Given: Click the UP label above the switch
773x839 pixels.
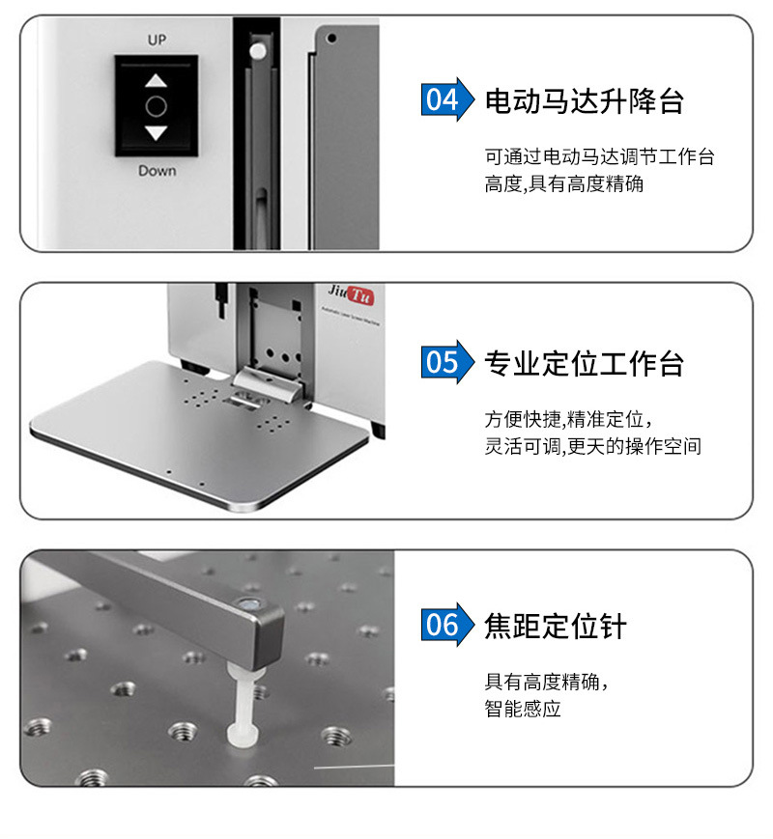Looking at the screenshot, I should (157, 41).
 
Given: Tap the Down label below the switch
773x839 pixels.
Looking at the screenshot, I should (157, 171).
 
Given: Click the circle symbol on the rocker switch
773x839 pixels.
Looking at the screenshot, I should (157, 106).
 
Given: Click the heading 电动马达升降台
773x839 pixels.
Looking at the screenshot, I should (585, 100).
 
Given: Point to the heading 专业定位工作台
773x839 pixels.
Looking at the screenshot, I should (585, 363).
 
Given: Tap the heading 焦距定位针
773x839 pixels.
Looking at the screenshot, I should (556, 626).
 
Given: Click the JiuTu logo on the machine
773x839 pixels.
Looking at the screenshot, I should (350, 291).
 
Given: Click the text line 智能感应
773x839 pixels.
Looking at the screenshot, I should (523, 710).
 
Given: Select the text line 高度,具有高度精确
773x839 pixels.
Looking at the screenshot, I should (564, 183).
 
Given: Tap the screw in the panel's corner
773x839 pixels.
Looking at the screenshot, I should (331, 39).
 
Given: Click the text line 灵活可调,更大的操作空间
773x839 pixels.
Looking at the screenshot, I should (592, 446).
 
